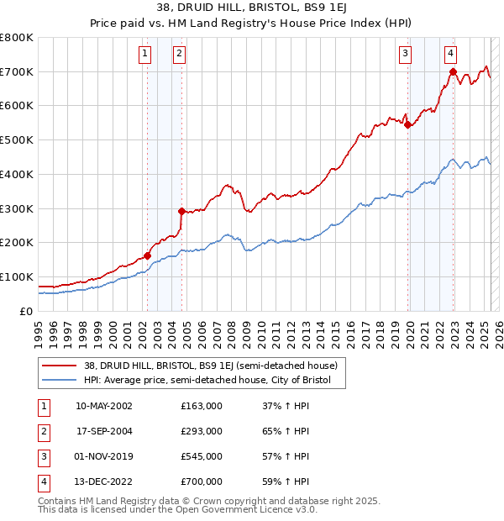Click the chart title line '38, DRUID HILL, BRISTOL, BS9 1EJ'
click(251, 10)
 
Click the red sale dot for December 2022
click(453, 71)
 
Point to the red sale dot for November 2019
click(407, 125)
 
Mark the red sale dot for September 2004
click(181, 211)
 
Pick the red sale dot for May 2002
click(147, 255)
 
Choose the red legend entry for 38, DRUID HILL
click(210, 366)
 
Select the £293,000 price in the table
click(202, 431)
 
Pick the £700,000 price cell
click(202, 482)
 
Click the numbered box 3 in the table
click(42, 456)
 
